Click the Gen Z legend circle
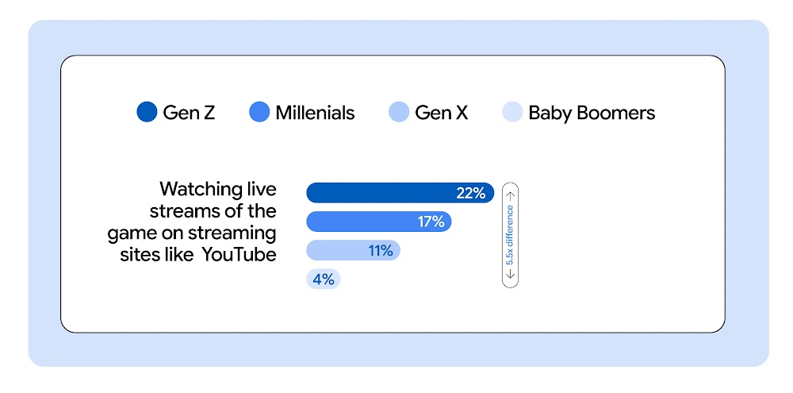(x=147, y=113)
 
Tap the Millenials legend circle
(x=259, y=113)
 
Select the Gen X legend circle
(x=399, y=113)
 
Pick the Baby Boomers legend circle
(x=512, y=113)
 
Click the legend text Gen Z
(x=189, y=113)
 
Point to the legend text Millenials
(x=315, y=113)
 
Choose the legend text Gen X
(x=441, y=113)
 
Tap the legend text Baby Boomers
(x=592, y=113)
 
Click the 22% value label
(x=470, y=193)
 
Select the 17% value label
(x=431, y=222)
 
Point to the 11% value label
(x=380, y=251)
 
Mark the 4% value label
(x=324, y=279)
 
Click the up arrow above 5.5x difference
(x=511, y=194)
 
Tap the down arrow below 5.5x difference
(x=511, y=275)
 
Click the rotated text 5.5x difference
(x=511, y=234)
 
